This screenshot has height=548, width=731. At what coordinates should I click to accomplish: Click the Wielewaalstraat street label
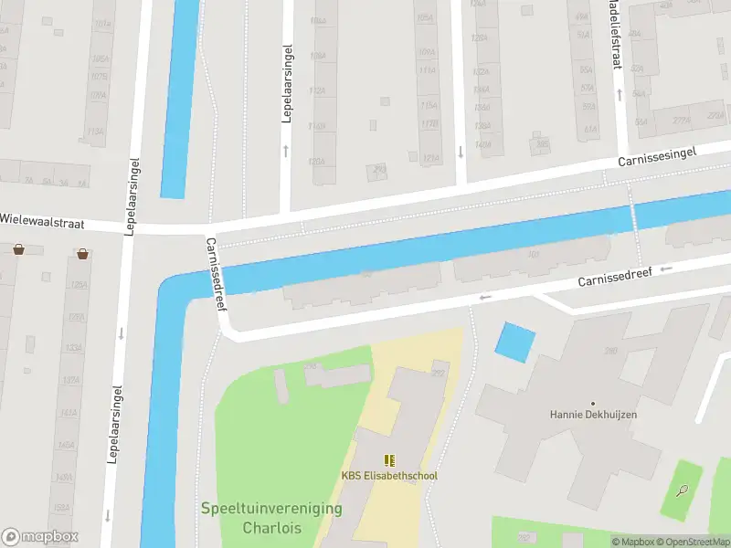click(x=50, y=219)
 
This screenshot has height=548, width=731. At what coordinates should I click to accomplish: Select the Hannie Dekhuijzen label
click(x=593, y=414)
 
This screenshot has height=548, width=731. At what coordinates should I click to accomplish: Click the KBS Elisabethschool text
click(x=390, y=476)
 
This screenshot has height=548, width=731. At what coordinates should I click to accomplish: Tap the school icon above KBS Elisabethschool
click(x=390, y=460)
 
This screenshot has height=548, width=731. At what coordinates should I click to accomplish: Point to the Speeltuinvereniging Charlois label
click(x=271, y=518)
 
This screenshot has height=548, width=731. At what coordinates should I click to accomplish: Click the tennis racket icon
click(x=683, y=490)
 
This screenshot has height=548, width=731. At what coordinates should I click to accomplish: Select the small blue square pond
click(x=514, y=342)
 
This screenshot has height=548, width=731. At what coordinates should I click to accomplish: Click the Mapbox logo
click(x=39, y=537)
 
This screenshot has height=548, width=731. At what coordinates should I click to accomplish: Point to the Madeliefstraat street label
click(x=615, y=37)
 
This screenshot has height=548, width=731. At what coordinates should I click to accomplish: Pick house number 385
click(x=543, y=143)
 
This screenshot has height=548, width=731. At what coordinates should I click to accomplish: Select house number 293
click(x=377, y=168)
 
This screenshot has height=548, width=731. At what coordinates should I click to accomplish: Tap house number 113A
click(x=96, y=131)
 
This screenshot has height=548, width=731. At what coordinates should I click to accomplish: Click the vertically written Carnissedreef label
click(x=216, y=273)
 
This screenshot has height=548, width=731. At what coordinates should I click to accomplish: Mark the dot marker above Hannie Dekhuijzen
click(x=593, y=403)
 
